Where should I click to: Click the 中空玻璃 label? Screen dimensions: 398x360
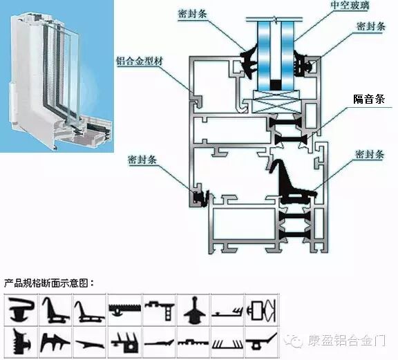[x=350, y=6]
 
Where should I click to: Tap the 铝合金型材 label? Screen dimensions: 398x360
[x=140, y=61]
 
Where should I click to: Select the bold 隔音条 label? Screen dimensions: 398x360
[x=369, y=99]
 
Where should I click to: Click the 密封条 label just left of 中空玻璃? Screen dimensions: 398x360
[x=192, y=15]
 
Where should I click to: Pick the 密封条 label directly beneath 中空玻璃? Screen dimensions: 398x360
[x=371, y=26]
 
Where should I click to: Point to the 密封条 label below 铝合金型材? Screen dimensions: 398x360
[x=142, y=160]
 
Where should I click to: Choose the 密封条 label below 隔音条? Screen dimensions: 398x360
[x=369, y=154]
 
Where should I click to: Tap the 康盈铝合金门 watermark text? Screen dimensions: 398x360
[x=347, y=341]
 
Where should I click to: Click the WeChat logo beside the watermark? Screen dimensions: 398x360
[x=294, y=341]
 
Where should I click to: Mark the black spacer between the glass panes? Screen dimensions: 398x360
[x=276, y=84]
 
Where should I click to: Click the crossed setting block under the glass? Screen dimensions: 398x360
[x=276, y=102]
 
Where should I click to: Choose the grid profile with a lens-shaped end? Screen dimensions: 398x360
[x=261, y=310]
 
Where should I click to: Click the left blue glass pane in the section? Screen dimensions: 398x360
[x=264, y=56]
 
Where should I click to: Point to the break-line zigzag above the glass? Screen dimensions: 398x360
[x=275, y=19]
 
